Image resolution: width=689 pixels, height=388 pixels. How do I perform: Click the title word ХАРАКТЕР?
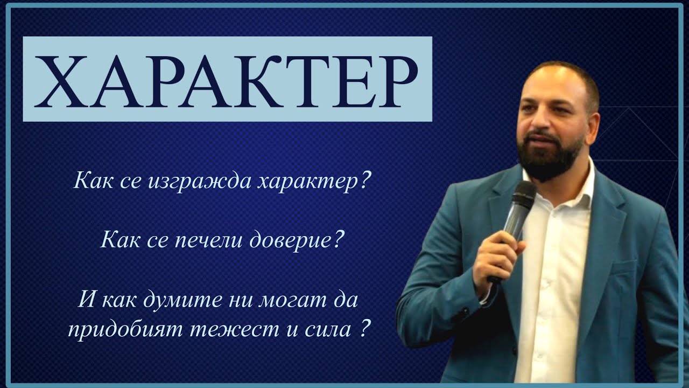[x=227, y=79]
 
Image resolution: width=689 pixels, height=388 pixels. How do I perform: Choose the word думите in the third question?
[x=172, y=299]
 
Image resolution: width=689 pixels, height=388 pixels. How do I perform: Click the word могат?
[x=265, y=299]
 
